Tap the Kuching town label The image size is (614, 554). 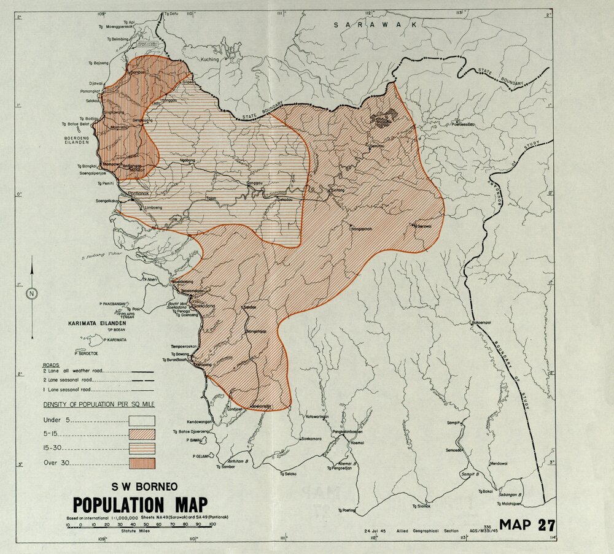pyautogui.click(x=210, y=60)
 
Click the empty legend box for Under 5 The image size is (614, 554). pyautogui.click(x=142, y=420)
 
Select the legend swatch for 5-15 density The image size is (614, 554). pyautogui.click(x=142, y=434)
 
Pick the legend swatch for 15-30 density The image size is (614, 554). pyautogui.click(x=142, y=448)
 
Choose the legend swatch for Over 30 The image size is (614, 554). pyautogui.click(x=142, y=463)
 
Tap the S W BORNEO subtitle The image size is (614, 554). pyautogui.click(x=145, y=487)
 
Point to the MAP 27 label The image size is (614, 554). pyautogui.click(x=527, y=525)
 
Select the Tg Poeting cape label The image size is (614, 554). pyautogui.click(x=346, y=510)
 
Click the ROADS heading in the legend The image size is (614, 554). pyautogui.click(x=51, y=364)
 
